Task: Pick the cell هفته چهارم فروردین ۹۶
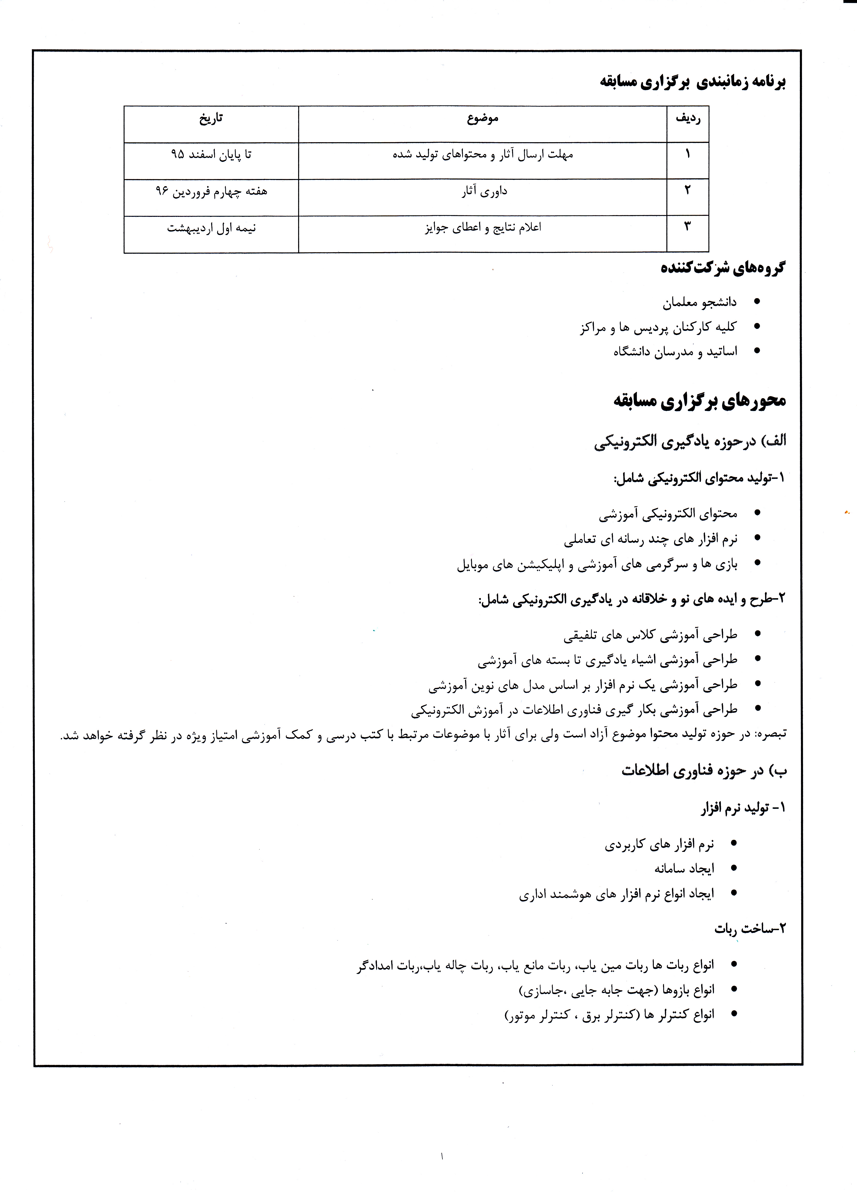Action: tap(211, 191)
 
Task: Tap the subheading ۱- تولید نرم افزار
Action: tap(742, 808)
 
